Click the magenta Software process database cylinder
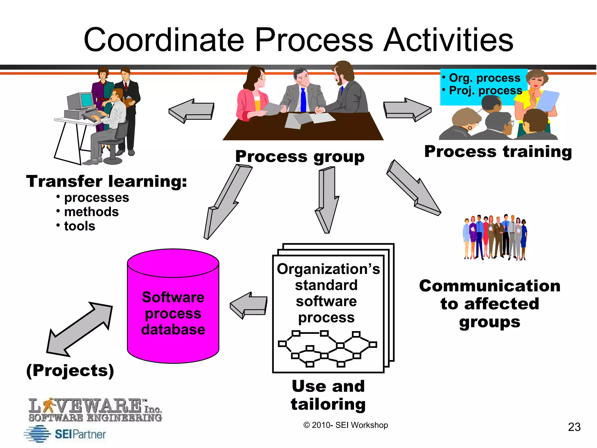[173, 306]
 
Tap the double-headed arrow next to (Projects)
[79, 329]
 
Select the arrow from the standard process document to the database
[249, 305]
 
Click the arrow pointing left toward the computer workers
[192, 111]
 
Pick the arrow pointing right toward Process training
[407, 110]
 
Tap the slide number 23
[574, 427]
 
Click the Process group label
[300, 157]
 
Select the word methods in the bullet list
[91, 212]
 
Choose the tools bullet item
[80, 226]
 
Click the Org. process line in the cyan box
[484, 78]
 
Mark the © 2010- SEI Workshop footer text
[346, 425]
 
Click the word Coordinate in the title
[164, 40]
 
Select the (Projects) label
[70, 371]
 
